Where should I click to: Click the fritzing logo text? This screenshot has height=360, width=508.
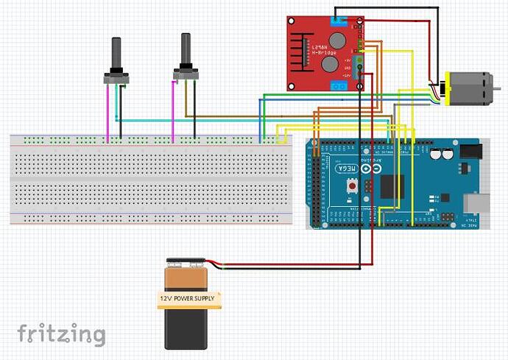pos(61,333)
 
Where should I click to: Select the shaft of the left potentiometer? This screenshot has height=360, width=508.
pos(116,52)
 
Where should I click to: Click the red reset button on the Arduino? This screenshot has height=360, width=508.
pos(354,187)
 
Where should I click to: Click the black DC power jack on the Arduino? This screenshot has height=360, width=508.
pos(470,152)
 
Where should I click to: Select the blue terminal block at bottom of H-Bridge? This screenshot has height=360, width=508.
pos(339,86)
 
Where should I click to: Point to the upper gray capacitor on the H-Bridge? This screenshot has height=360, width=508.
pos(336,39)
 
